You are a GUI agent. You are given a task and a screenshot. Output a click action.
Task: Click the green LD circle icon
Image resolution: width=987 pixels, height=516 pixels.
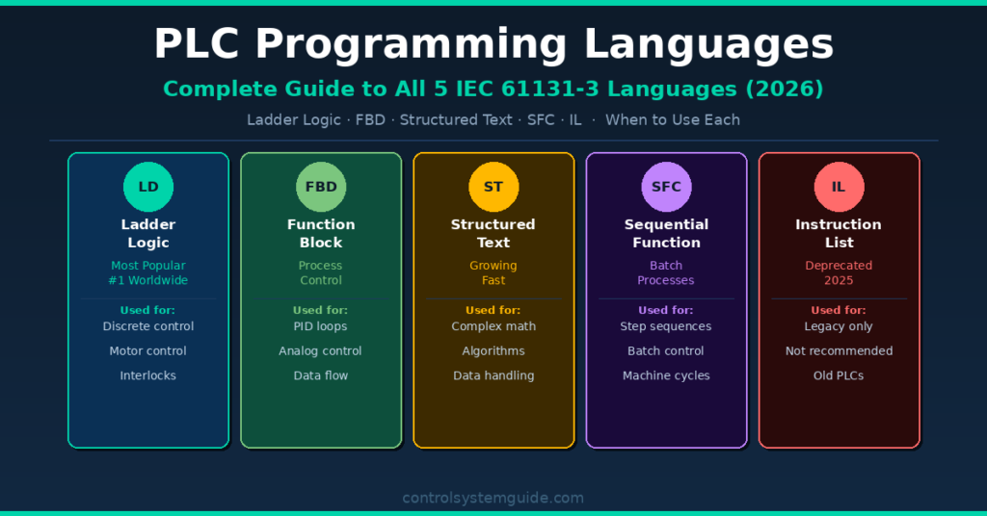coord(148,187)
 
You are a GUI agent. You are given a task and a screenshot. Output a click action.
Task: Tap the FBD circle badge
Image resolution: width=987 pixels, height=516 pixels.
coord(321,187)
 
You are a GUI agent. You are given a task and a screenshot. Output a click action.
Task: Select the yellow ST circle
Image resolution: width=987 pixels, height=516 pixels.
coord(493,187)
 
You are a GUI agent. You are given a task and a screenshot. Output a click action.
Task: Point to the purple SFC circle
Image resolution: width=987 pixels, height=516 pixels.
coord(666,187)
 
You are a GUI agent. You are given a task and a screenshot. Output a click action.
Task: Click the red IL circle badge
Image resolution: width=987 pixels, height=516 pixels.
coord(839,187)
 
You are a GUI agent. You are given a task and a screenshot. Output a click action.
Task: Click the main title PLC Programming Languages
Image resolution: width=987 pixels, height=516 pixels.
coord(493,44)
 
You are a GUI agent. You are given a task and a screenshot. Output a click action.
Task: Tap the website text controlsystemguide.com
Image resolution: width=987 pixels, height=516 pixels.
coord(493,498)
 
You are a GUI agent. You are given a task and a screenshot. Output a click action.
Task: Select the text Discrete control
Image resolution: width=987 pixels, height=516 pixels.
coord(148,326)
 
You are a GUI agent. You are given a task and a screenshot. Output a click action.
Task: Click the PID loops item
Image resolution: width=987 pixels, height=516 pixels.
coord(321,326)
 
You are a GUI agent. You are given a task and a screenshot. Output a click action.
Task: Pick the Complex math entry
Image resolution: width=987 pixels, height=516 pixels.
coord(493,326)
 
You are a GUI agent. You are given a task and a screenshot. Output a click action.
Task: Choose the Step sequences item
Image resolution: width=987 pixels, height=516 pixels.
coord(666,326)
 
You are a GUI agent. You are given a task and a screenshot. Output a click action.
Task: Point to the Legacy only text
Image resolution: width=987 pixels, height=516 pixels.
coord(839,326)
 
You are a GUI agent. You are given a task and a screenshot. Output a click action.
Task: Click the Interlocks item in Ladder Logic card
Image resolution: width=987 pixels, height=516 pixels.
coord(148,375)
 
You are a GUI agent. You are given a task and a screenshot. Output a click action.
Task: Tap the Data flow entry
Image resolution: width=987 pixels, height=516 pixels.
coord(321,375)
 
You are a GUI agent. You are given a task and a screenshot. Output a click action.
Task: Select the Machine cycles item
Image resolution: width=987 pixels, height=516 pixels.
coord(666,375)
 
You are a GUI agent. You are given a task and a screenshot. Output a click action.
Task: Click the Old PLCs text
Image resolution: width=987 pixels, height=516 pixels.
coord(839,375)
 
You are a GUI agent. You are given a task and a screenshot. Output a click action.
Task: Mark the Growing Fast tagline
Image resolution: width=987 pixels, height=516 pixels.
coord(493,272)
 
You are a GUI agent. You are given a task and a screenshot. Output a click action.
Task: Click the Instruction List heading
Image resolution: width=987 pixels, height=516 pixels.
coord(839,233)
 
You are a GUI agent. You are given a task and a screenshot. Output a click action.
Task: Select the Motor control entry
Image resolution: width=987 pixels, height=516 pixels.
coord(148,351)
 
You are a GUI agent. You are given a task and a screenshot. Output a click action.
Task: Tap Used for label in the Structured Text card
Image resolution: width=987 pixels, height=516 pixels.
coord(493,310)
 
